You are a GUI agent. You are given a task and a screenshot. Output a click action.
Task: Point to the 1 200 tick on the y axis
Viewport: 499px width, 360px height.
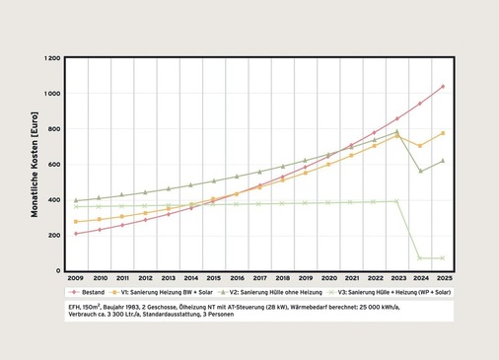pyautogui.click(x=52, y=58)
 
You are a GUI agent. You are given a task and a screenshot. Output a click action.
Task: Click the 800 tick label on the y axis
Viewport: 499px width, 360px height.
pyautogui.click(x=55, y=129)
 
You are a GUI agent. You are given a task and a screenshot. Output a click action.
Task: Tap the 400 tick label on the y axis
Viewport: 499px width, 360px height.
pyautogui.click(x=55, y=200)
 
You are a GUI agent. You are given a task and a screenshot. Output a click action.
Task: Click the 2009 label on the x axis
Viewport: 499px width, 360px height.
pyautogui.click(x=76, y=279)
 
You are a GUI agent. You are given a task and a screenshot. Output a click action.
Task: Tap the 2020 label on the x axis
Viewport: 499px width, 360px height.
pyautogui.click(x=328, y=279)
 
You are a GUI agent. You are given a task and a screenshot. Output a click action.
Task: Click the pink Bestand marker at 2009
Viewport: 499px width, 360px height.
pyautogui.click(x=76, y=234)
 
